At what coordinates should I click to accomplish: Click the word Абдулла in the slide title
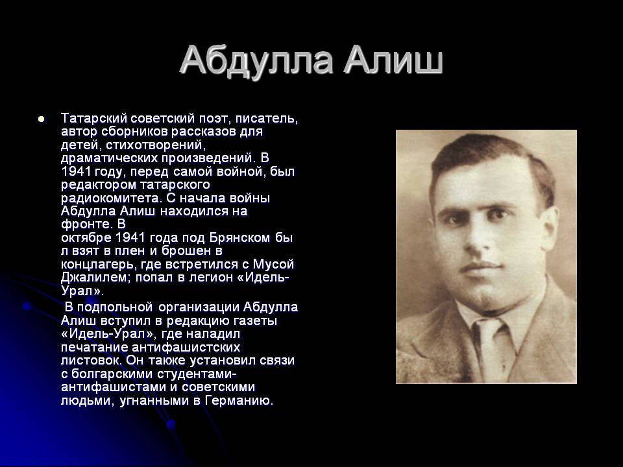tap(256, 60)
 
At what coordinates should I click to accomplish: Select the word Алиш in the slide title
tap(393, 60)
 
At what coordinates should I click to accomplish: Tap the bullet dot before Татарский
tap(40, 119)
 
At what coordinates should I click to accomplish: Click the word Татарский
tap(93, 118)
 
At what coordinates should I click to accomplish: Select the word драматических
tap(109, 158)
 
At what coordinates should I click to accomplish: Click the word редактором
tap(98, 185)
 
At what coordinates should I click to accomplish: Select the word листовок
tap(92, 361)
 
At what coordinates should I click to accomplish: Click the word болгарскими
tap(111, 374)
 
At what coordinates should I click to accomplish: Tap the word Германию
tap(239, 400)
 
